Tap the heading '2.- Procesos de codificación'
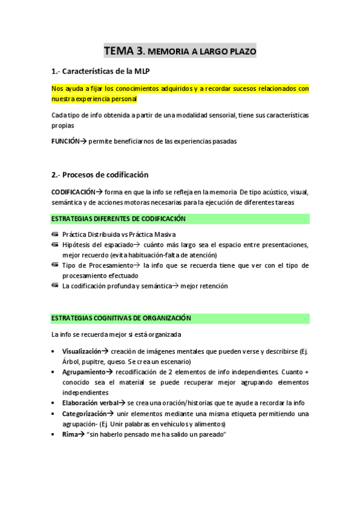coord(100,175)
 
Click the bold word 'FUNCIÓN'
coord(66,141)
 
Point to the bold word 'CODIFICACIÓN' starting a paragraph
coord(73,192)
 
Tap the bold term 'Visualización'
coord(81,351)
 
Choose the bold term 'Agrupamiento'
coord(82,372)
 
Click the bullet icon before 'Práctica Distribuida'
coord(55,235)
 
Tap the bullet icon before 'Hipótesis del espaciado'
coord(55,245)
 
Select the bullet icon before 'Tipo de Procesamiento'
coord(55,265)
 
